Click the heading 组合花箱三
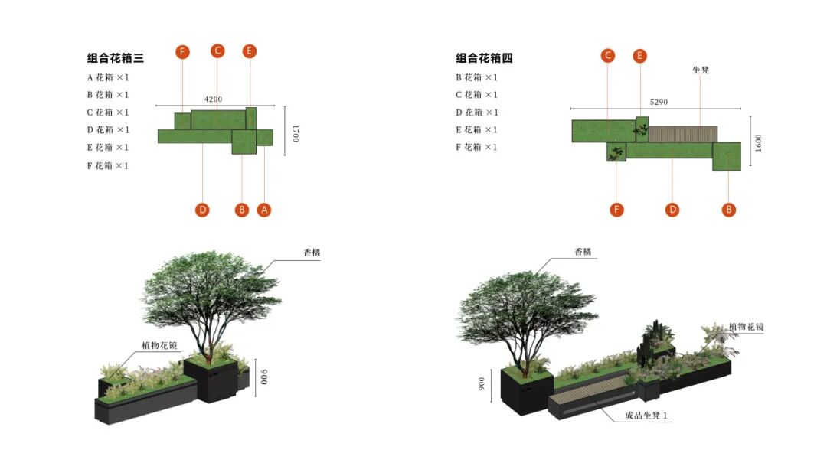pos(116,58)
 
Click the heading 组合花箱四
pos(485,58)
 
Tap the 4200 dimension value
pos(214,99)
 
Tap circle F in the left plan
pos(182,52)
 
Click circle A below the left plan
pos(264,210)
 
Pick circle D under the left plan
pos(202,210)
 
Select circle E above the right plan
pos(640,55)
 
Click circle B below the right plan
pos(729,210)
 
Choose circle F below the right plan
pos(617,210)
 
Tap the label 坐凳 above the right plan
pos(701,70)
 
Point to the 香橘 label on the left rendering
pos(311,253)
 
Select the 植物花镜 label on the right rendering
pos(746,327)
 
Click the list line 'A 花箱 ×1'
pos(108,77)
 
